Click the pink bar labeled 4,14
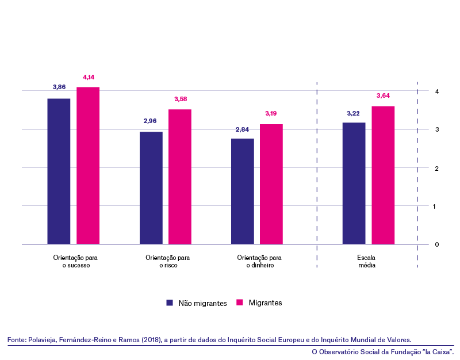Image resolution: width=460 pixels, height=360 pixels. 88,166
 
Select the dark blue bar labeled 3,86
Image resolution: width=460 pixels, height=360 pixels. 59,171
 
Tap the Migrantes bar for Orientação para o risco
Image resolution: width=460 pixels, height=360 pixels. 180,177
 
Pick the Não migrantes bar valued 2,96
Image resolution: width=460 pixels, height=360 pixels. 151,188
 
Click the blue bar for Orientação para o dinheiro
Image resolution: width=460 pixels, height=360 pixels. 243,192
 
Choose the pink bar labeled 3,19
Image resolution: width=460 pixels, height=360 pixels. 271,184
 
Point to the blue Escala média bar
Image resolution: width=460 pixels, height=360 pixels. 354,183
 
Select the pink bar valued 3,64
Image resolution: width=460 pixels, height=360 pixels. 383,175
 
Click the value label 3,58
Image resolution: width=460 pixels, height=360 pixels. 181,99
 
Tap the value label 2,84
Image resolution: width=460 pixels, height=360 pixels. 242,129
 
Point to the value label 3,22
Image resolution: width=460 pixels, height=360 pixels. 353,113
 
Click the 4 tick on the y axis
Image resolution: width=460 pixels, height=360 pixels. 437,91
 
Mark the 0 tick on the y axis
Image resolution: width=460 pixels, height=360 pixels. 437,244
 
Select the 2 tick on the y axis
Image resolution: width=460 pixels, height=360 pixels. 437,168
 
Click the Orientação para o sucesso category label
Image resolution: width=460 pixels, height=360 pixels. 75,262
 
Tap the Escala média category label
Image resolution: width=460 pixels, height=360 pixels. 366,262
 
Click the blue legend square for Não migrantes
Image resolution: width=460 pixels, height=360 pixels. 170,303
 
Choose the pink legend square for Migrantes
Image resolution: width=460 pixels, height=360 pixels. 240,302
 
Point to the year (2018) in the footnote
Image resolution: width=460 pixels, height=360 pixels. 152,340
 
